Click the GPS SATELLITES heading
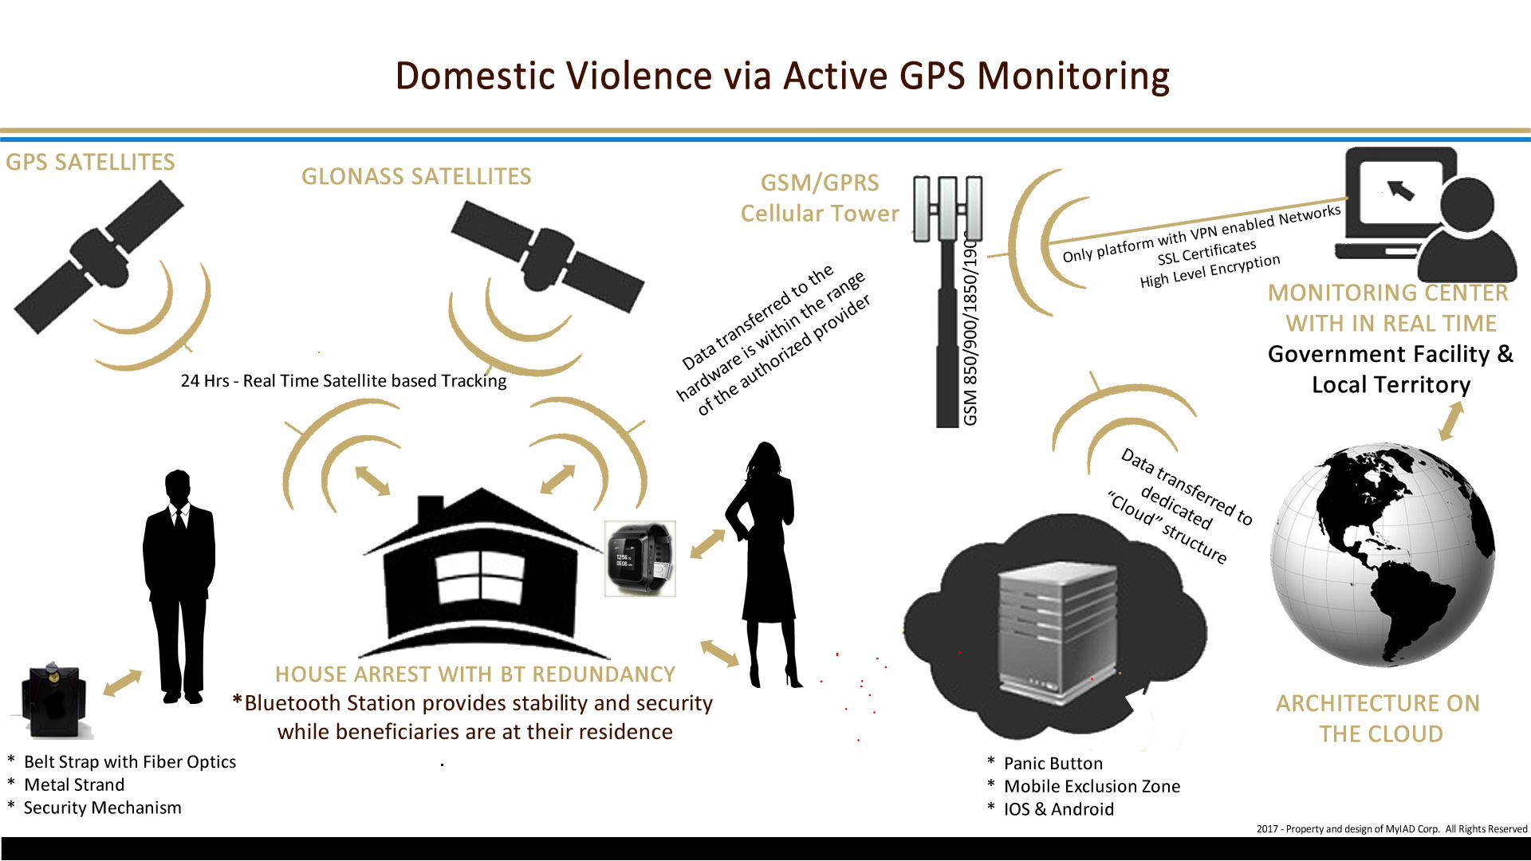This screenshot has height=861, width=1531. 90,162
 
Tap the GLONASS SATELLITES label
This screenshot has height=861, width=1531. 416,176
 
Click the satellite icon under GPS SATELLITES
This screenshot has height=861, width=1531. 99,256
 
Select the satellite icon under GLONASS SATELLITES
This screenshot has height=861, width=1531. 547,256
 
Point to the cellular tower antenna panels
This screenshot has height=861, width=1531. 947,208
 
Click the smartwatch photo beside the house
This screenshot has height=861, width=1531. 640,559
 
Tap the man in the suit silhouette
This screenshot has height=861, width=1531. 179,587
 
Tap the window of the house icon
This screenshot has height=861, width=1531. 481,579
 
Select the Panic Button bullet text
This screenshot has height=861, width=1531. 1053,764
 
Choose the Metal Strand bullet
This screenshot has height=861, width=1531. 74,785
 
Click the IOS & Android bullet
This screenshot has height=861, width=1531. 1058,809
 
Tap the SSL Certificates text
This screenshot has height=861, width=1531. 1207,253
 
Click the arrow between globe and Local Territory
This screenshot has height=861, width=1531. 1451,421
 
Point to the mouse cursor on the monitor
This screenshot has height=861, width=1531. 1400,190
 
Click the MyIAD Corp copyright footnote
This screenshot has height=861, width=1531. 1391,829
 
